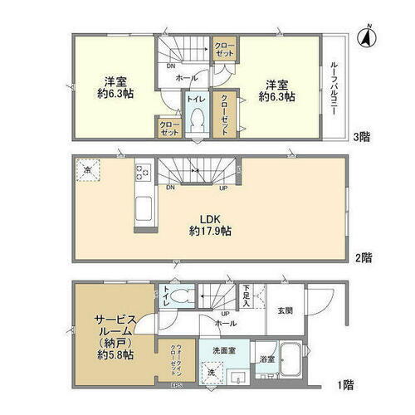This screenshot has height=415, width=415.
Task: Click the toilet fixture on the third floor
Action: [x=197, y=122]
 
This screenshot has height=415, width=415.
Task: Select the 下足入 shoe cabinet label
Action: [x=247, y=295]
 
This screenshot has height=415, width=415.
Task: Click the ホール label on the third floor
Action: [x=187, y=78]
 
